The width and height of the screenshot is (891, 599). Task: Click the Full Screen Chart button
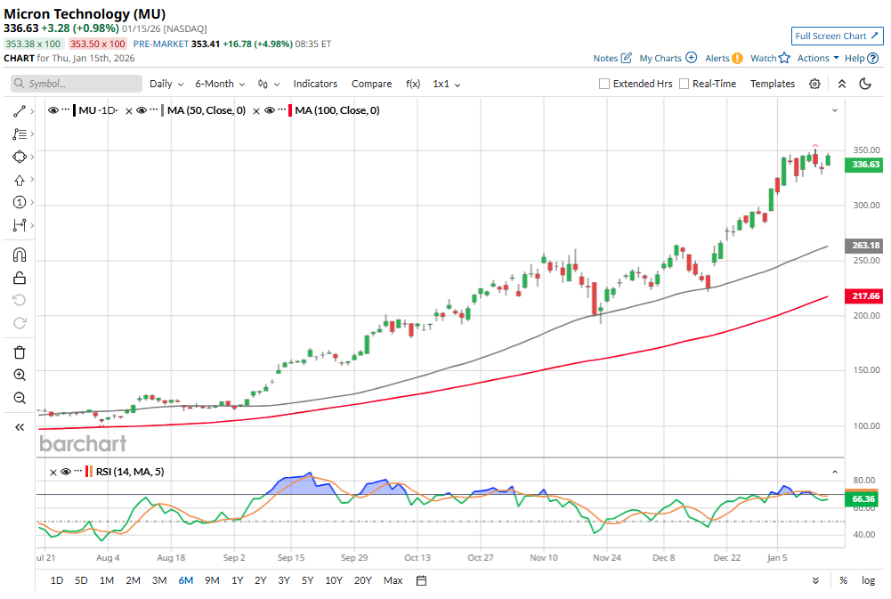click(x=837, y=36)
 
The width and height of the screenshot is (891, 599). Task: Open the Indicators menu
click(x=315, y=84)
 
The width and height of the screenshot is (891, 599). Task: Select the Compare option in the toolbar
click(x=371, y=84)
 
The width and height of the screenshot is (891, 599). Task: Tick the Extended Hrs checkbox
click(x=605, y=84)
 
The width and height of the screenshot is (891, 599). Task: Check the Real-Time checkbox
click(x=684, y=84)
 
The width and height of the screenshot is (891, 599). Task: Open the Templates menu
click(x=772, y=84)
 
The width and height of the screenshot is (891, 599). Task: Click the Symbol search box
click(x=77, y=84)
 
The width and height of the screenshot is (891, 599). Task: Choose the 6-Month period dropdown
click(x=219, y=84)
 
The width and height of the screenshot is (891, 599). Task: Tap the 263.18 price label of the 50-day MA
click(x=866, y=246)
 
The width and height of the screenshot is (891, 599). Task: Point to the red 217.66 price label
click(x=866, y=296)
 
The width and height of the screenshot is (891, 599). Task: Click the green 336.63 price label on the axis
click(x=866, y=165)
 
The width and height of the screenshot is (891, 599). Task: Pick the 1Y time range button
click(x=237, y=580)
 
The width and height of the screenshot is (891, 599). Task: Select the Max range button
click(x=393, y=580)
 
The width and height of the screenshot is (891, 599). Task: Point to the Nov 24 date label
click(x=607, y=558)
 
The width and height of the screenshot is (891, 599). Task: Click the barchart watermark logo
click(x=83, y=443)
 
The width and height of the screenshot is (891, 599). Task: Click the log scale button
click(x=868, y=580)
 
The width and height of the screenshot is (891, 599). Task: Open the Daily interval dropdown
click(x=166, y=84)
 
